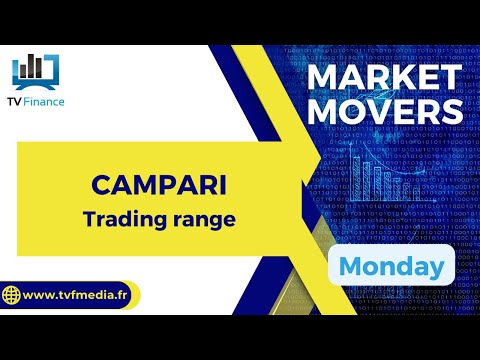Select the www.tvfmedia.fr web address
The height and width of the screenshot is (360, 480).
pos(77,296)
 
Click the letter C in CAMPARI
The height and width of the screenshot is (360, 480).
pos(99,185)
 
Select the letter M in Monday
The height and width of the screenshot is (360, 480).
pos(351,266)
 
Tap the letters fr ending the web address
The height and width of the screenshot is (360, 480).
pos(123,296)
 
